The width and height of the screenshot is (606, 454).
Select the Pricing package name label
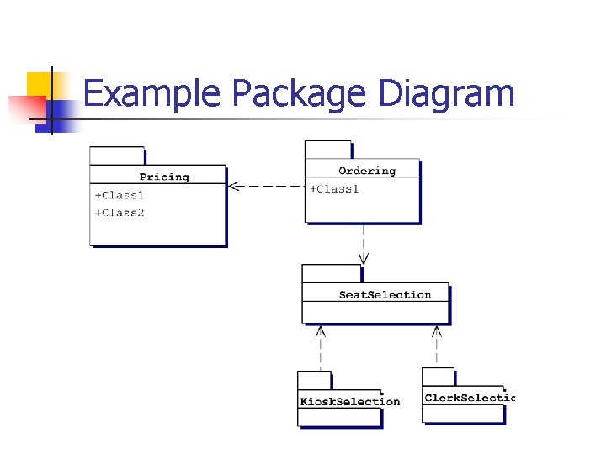tap(164, 177)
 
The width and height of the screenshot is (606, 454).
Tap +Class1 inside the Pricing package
tap(120, 195)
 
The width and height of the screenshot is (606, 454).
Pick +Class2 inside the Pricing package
tap(120, 213)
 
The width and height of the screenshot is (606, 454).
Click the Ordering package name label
tap(367, 171)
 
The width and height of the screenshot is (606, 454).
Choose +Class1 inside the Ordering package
tap(334, 189)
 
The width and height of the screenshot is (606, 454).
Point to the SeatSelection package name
tap(385, 294)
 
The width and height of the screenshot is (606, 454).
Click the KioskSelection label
tap(349, 401)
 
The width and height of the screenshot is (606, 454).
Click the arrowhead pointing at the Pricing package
tap(235, 186)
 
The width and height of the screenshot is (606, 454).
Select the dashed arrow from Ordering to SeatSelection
tap(363, 244)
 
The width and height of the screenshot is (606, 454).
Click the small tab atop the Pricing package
tap(117, 156)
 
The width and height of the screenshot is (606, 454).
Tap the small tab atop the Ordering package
tap(327, 149)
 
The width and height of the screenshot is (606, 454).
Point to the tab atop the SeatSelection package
tap(331, 273)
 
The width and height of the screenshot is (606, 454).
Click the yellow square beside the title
tap(39, 84)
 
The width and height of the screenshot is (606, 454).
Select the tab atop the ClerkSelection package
tap(438, 376)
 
